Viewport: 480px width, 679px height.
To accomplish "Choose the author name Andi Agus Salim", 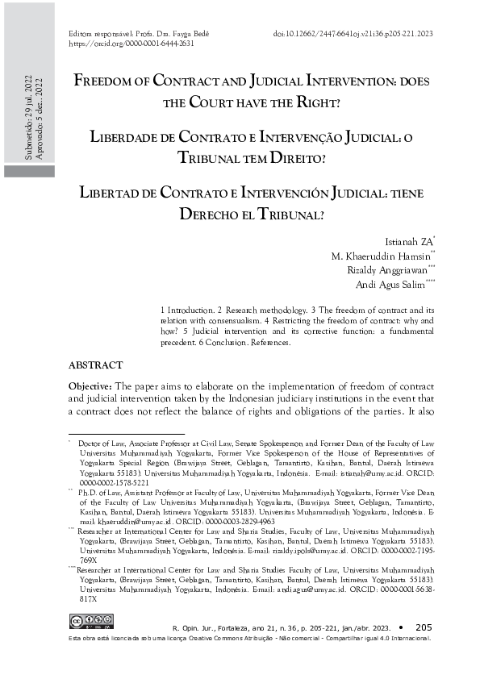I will [x=395, y=285].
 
